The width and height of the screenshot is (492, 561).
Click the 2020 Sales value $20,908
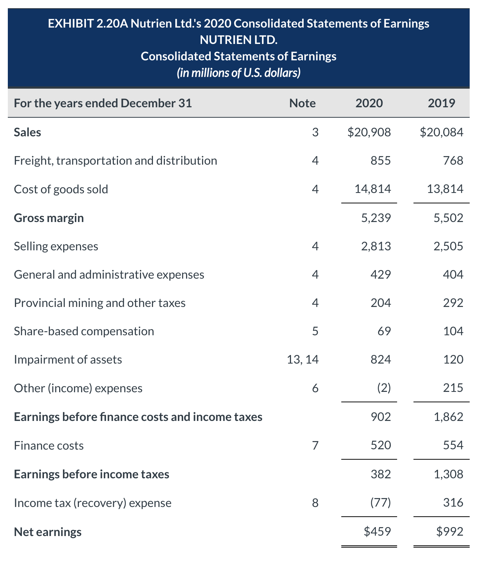tap(369, 132)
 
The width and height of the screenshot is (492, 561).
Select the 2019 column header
tap(441, 103)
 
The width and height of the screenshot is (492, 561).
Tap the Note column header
tap(302, 103)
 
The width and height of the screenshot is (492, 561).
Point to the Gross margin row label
tap(49, 218)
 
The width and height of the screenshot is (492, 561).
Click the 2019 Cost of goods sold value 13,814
tap(445, 189)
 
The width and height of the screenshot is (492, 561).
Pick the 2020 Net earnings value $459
tap(377, 532)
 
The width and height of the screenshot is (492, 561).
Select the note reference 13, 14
tap(303, 360)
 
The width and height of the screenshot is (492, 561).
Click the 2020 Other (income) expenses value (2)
tap(384, 388)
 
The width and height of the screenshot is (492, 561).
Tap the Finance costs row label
tap(49, 446)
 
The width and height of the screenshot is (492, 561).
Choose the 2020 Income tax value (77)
tap(380, 503)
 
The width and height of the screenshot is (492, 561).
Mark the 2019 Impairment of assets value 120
tap(453, 360)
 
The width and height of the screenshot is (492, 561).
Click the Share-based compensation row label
tap(84, 332)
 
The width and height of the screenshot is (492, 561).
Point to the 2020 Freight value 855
tap(380, 161)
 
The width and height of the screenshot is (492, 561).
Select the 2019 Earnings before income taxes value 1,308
tap(448, 474)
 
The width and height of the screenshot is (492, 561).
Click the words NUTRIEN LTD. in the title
tap(239, 39)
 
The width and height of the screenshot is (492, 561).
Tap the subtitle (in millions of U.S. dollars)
tap(239, 72)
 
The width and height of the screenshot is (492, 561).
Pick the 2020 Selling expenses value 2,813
tap(376, 246)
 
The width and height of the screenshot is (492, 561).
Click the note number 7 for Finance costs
tap(315, 446)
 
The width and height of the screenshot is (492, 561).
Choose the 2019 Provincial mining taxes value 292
tap(453, 303)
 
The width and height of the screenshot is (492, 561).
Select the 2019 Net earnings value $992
tap(450, 532)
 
